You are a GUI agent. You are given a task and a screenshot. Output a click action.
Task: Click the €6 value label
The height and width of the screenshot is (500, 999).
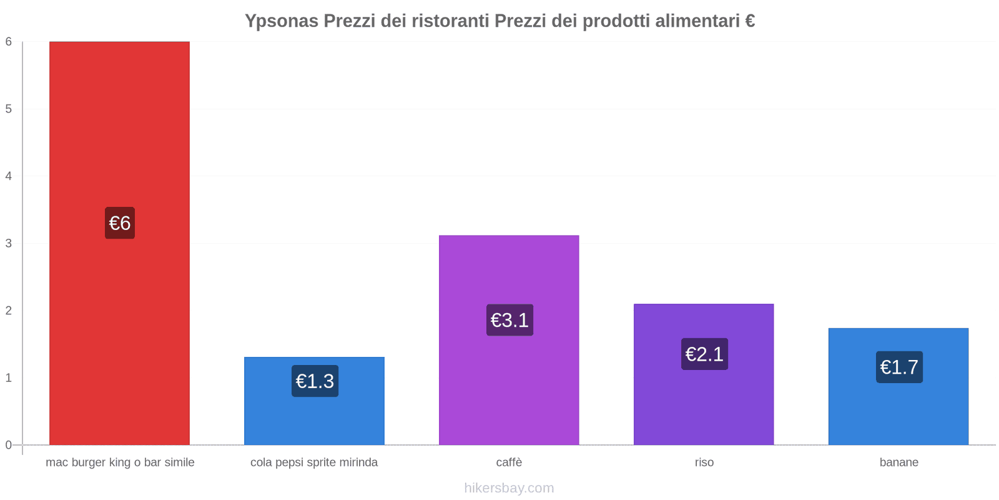120,223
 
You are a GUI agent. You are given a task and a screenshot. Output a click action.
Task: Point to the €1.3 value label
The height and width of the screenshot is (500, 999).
315,381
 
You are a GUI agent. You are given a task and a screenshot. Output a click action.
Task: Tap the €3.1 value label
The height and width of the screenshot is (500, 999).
509,320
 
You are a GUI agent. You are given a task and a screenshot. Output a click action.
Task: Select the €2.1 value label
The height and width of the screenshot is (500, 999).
704,354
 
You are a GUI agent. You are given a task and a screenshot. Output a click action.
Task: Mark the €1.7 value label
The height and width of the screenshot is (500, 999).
899,367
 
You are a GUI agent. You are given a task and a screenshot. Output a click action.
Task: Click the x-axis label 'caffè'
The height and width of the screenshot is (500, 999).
509,462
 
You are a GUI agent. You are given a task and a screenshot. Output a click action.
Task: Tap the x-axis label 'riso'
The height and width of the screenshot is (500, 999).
704,462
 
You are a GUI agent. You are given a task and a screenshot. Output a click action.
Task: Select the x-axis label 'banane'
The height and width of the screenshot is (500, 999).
898,462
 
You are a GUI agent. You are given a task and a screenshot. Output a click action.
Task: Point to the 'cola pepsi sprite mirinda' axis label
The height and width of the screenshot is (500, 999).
314,462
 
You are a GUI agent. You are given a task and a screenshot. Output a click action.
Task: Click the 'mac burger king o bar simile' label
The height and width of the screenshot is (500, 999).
120,462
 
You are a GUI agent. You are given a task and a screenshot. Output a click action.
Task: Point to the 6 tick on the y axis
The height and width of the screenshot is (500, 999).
9,42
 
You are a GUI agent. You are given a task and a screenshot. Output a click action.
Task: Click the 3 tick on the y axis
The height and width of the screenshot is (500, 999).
9,243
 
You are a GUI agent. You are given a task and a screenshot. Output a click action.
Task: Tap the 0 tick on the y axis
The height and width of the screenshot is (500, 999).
9,445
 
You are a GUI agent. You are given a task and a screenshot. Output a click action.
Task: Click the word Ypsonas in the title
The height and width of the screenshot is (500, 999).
281,21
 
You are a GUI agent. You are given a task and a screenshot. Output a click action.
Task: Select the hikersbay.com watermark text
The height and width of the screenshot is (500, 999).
509,488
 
